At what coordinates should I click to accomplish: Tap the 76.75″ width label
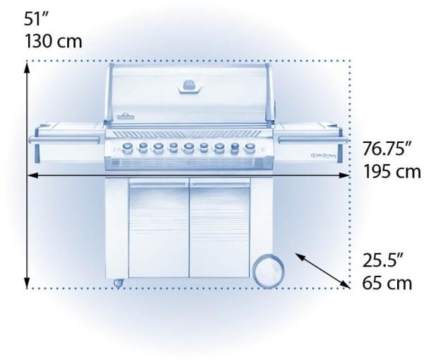[387, 149]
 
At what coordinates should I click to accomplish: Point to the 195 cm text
[392, 172]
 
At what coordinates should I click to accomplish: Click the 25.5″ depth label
[382, 260]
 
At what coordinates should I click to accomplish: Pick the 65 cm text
[387, 283]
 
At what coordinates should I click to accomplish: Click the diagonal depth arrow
[322, 269]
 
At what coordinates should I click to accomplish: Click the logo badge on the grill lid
[189, 86]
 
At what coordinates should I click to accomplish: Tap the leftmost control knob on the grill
[127, 147]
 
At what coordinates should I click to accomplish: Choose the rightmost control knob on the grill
[250, 148]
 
